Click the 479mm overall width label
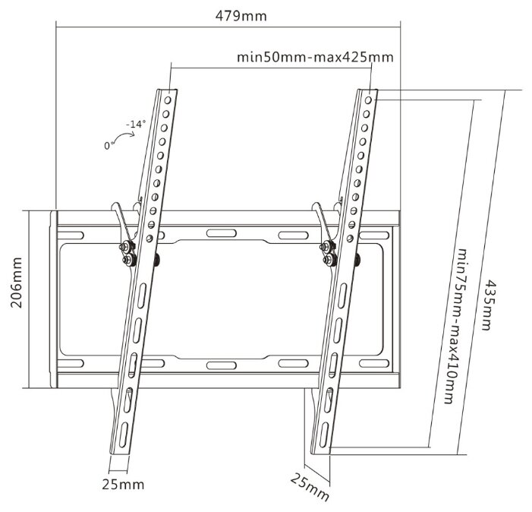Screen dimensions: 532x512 235,15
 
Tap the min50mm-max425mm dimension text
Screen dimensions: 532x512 314,57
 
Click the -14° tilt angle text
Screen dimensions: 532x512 137,123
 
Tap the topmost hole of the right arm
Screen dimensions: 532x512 370,97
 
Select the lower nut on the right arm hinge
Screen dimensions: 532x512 327,260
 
